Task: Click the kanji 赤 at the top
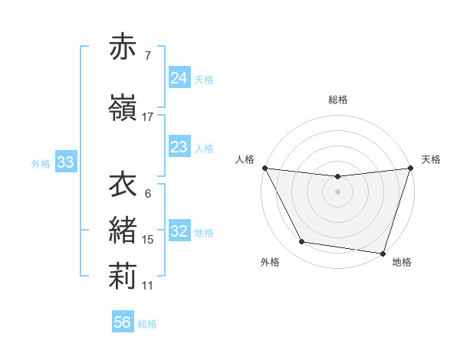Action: [123, 47]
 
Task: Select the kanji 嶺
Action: [123, 107]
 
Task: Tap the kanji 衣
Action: [123, 185]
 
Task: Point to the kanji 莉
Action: [123, 277]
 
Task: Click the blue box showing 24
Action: [179, 78]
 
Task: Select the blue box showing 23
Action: [179, 147]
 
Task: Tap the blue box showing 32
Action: [179, 231]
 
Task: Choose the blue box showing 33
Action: [65, 162]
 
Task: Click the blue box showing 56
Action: [122, 322]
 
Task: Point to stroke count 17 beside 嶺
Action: [148, 117]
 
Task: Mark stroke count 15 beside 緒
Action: [148, 240]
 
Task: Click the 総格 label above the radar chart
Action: [338, 100]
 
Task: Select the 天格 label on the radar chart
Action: [431, 159]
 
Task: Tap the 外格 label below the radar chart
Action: [270, 262]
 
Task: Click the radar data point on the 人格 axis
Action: [264, 168]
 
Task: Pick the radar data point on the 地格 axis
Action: [383, 253]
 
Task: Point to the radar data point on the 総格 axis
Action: [337, 177]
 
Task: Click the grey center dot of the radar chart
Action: [337, 191]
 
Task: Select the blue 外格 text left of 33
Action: [40, 163]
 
